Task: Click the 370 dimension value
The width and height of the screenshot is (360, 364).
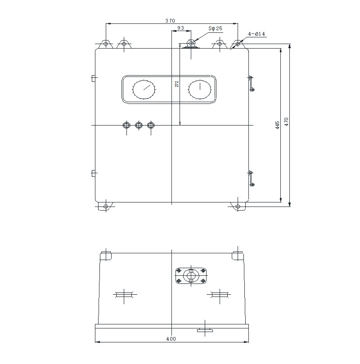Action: [170, 21]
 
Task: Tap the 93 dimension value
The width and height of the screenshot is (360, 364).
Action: [180, 28]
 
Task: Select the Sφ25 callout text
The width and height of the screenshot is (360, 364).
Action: [215, 28]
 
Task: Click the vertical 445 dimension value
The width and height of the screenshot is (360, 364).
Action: [278, 124]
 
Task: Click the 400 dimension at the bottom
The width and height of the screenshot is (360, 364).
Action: [171, 339]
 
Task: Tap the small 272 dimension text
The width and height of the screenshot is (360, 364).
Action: [177, 84]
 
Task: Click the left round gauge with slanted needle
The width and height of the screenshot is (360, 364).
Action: [144, 89]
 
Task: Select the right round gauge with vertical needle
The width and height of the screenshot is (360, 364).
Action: [199, 89]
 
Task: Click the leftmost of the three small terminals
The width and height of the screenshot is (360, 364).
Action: [127, 125]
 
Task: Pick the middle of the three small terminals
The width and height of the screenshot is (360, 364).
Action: [139, 125]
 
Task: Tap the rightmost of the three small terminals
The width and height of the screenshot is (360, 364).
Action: [150, 125]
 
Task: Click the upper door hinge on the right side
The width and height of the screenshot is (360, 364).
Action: [252, 83]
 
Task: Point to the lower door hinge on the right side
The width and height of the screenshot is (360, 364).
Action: [252, 178]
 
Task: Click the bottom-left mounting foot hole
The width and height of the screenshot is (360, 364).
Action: [106, 207]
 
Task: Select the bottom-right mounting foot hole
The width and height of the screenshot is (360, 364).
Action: [238, 207]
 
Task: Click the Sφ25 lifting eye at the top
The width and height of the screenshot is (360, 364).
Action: [191, 43]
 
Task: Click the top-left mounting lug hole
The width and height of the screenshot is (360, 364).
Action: [106, 44]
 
